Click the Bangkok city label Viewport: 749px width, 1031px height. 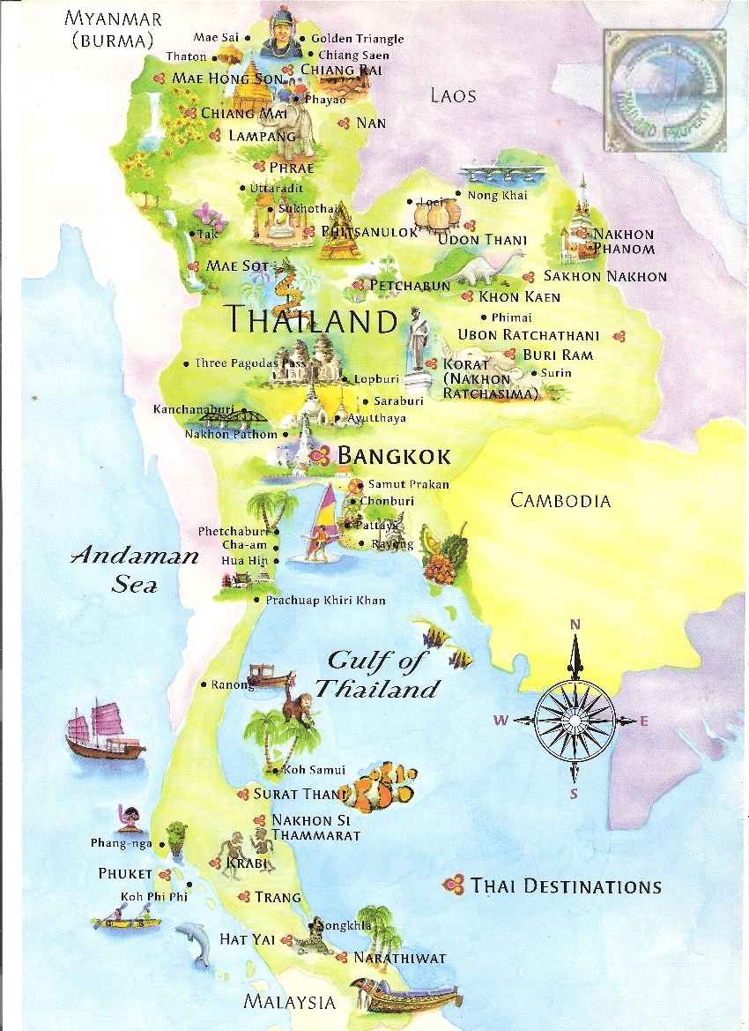[x=394, y=456]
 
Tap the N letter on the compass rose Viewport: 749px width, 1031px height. [x=575, y=624]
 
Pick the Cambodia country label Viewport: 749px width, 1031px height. [x=560, y=501]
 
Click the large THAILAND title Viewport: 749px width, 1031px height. [x=311, y=319]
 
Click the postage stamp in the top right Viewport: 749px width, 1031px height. [x=664, y=90]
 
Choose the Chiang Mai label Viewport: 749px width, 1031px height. [x=239, y=113]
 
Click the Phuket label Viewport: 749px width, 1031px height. [x=125, y=874]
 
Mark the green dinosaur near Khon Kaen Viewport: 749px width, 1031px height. [x=480, y=264]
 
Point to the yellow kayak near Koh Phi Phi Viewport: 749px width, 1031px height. [x=126, y=923]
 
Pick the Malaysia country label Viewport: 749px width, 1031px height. [x=290, y=1002]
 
